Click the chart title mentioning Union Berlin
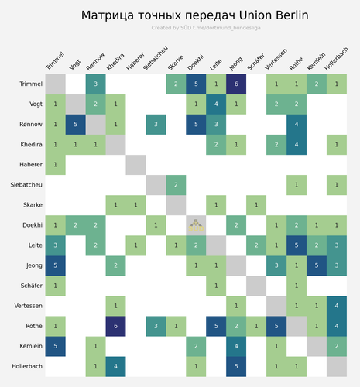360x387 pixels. pos(194,15)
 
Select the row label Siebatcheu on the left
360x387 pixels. pos(27,184)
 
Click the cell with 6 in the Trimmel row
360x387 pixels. pos(236,84)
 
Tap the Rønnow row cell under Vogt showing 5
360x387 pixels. pos(75,124)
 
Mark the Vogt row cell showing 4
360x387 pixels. pos(216,104)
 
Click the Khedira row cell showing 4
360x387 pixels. pos(297,144)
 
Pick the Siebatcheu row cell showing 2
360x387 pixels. pos(176,184)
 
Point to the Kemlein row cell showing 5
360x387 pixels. pos(55,345)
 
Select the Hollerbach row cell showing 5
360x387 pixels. pos(236,365)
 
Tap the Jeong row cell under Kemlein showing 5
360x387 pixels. pos(317,265)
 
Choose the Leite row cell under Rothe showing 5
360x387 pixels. pos(297,245)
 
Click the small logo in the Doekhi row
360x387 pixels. pos(196,225)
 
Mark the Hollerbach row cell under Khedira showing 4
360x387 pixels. pos(115,365)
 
